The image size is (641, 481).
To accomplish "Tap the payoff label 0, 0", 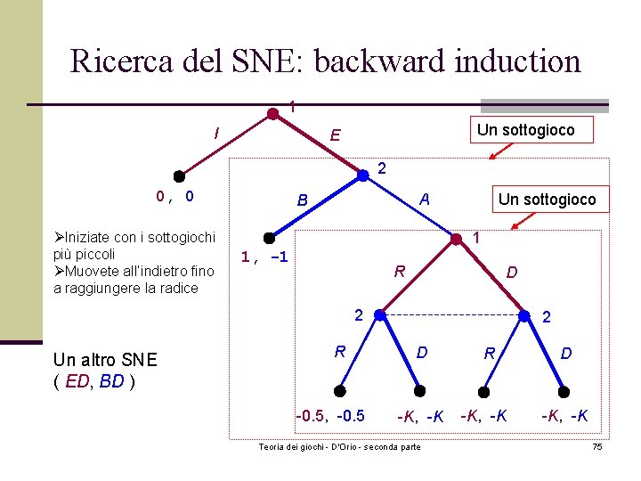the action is [175, 196].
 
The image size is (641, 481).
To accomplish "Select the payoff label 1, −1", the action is [264, 257].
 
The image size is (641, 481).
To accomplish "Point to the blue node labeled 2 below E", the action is [362, 175].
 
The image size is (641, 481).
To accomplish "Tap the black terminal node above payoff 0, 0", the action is [178, 175].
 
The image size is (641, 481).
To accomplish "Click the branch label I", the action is [216, 134].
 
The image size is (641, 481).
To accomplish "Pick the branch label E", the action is [334, 135].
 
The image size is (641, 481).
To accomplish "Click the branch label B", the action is [302, 200].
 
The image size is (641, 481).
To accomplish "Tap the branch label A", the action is [425, 200].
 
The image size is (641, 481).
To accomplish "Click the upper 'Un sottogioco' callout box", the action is [525, 130].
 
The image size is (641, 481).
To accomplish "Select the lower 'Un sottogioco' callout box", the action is [547, 199].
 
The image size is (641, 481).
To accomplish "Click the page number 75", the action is [596, 446].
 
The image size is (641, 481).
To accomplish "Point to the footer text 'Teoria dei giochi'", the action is [284, 446].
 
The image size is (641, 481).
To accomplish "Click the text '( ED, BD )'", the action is [93, 382].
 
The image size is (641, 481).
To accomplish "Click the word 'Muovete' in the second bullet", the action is [93, 271].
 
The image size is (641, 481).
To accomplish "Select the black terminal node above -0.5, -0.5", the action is [340, 389].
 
